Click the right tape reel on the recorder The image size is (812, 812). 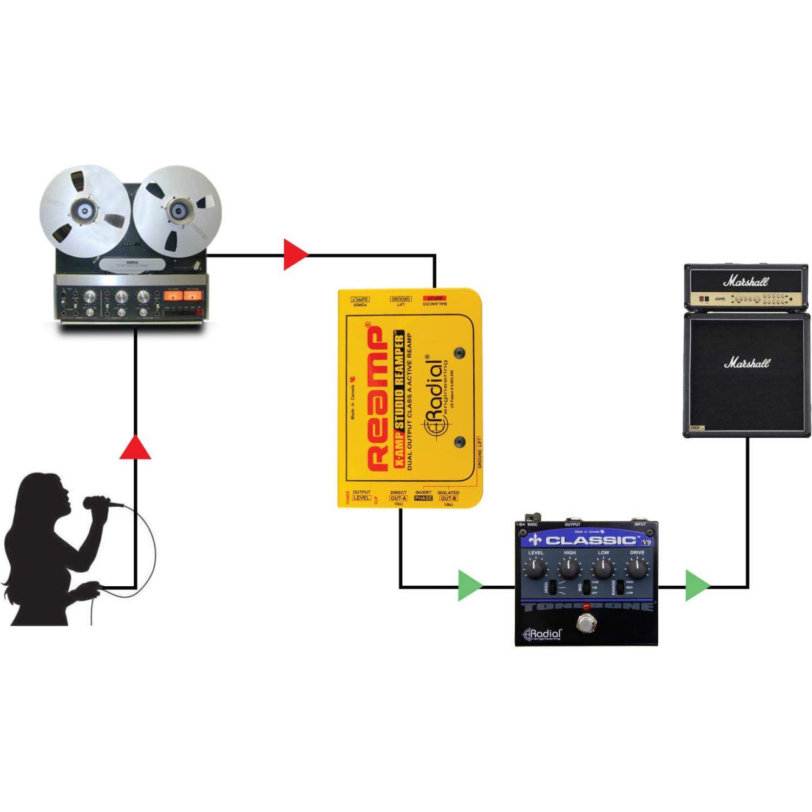click(x=177, y=211)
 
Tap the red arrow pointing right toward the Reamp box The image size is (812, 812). click(x=295, y=254)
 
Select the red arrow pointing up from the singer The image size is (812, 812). click(x=135, y=447)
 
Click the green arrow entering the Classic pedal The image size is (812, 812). click(x=470, y=585)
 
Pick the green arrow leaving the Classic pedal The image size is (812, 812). click(x=697, y=585)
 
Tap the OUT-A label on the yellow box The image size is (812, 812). click(x=398, y=499)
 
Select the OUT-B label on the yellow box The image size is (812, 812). click(x=448, y=499)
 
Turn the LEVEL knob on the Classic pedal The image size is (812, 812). click(x=536, y=568)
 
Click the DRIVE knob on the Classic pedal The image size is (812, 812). click(x=637, y=568)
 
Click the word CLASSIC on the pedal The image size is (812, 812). click(x=591, y=540)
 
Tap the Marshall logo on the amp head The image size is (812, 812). click(x=746, y=281)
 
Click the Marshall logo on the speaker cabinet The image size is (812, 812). click(x=747, y=363)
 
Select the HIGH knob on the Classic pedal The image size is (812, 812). click(x=569, y=568)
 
